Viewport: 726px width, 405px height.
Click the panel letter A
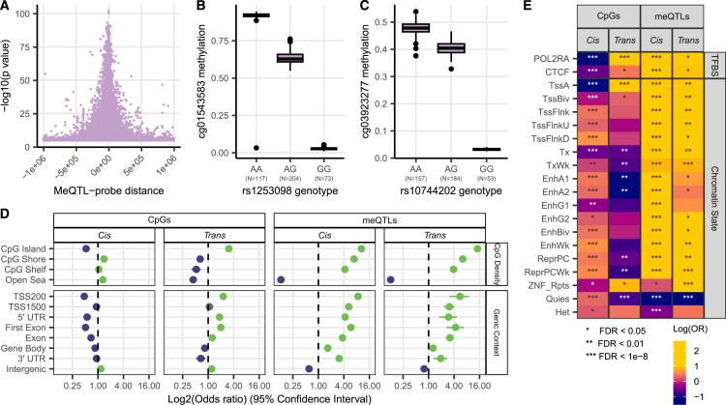6,7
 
